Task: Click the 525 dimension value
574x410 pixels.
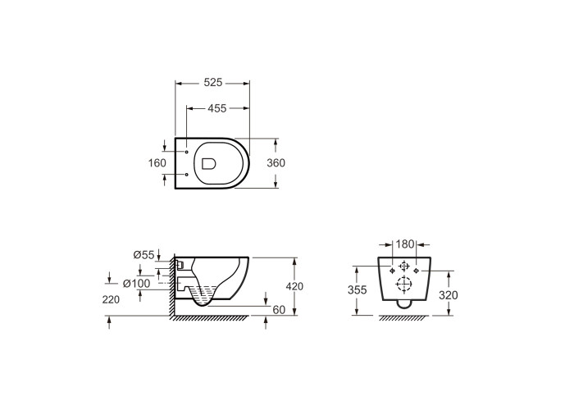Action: coord(212,82)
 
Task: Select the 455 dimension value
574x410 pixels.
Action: coord(217,108)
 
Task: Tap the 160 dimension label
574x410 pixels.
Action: coord(157,163)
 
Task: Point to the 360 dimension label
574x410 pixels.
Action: coord(276,163)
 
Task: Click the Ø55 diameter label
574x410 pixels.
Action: coord(143,254)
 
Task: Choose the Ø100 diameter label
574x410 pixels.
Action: coord(137,284)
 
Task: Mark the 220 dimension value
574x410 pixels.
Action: coord(111,299)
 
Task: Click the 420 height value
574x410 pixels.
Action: coord(294,286)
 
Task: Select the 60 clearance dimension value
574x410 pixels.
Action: coord(279,310)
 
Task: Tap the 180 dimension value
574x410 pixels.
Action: coord(405,244)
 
